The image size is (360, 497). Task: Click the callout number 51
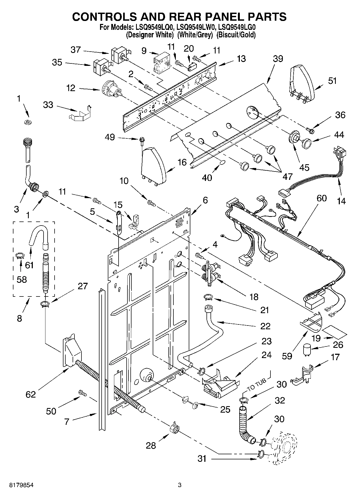click(x=332, y=81)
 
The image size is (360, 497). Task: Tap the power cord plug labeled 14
click(x=340, y=155)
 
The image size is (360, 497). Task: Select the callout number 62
click(x=31, y=394)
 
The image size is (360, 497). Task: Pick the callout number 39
click(x=278, y=59)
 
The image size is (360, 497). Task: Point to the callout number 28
click(x=151, y=445)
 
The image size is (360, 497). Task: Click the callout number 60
click(x=322, y=198)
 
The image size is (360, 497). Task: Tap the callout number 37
click(x=76, y=50)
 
